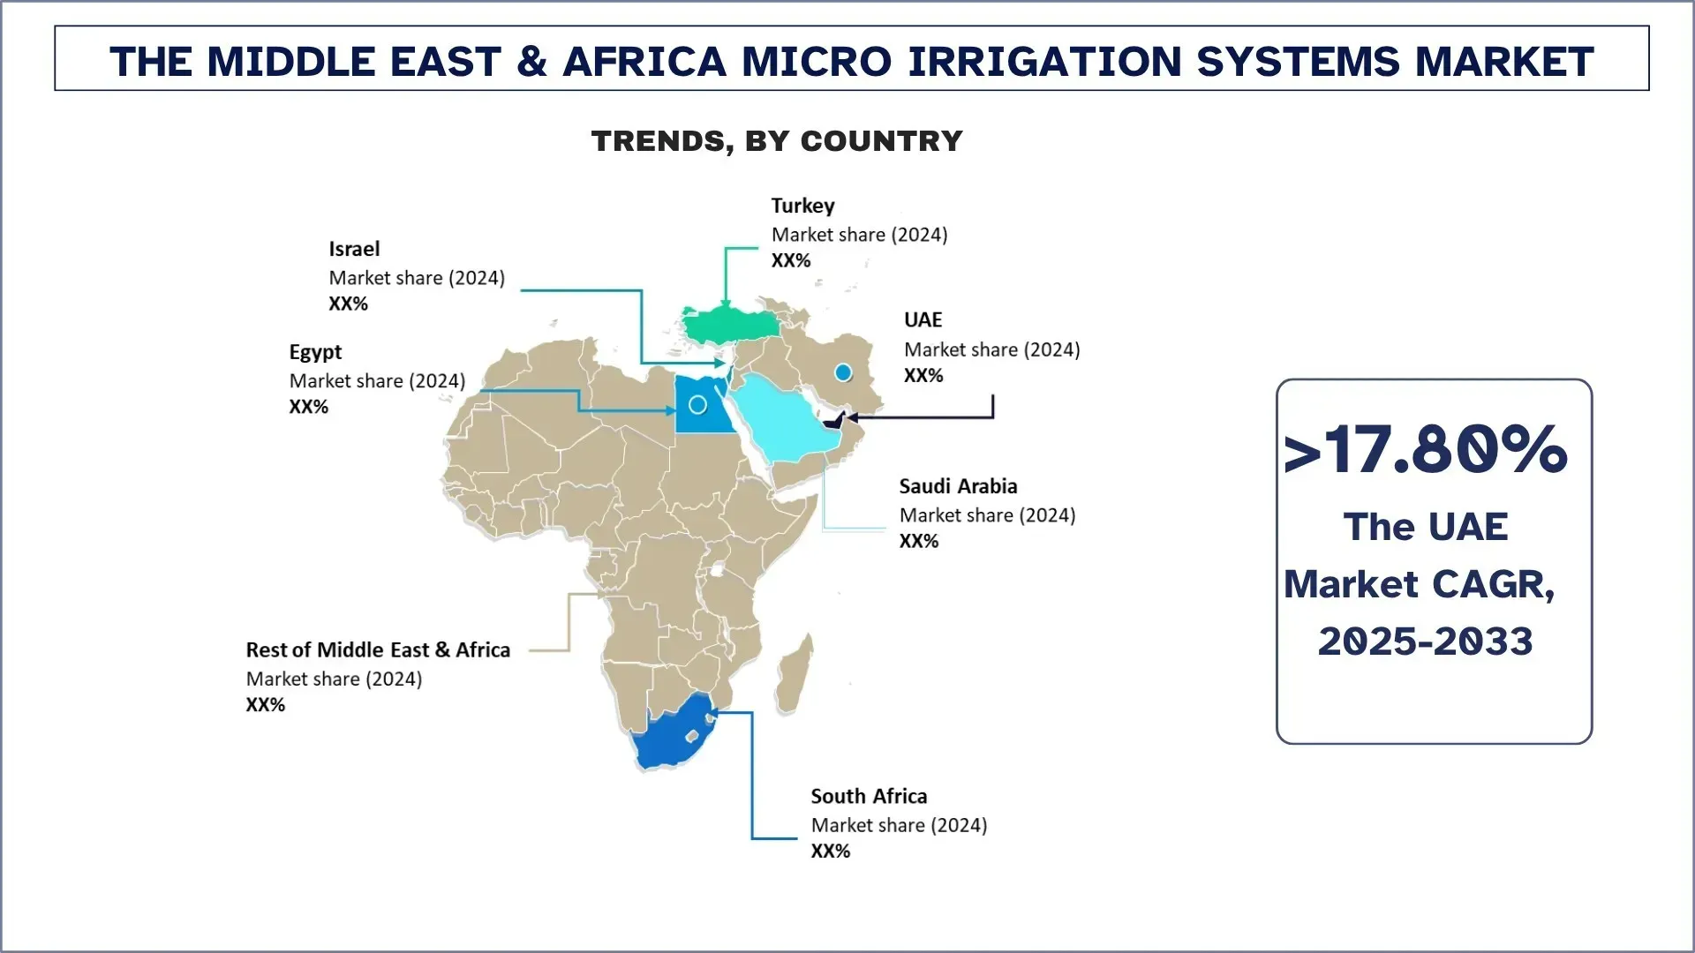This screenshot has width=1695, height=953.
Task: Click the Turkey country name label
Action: coord(802,206)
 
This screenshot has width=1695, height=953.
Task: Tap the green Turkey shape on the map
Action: coord(729,326)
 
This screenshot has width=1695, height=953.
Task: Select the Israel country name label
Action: coord(354,249)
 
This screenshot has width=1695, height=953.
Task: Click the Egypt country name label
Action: coord(315,352)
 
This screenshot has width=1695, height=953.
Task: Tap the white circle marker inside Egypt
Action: coord(697,405)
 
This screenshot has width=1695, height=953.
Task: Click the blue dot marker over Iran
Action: coord(843,373)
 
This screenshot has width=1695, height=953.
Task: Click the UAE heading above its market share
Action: coord(923,319)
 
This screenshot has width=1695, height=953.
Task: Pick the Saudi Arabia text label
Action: coord(958,486)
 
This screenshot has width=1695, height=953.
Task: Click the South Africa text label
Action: coord(869,796)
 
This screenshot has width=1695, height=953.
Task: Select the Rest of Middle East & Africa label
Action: coord(378,650)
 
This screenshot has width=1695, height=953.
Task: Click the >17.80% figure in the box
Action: coord(1425,450)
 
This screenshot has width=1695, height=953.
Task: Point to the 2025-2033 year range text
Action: coord(1425,642)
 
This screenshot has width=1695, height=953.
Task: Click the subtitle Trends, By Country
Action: coord(777,141)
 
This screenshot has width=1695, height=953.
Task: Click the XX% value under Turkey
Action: coord(790,260)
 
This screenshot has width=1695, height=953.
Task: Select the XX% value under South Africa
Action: coord(830,851)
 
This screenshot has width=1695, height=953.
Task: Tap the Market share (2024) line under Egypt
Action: coord(377,381)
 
